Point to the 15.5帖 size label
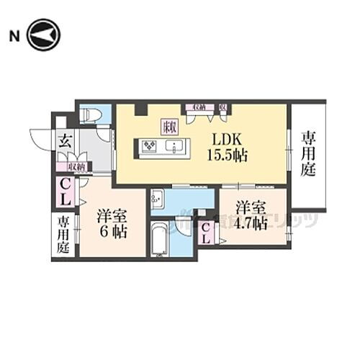pyautogui.click(x=228, y=154)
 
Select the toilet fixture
pyautogui.click(x=91, y=115)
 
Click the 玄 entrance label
pyautogui.click(x=63, y=140)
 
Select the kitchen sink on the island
pyautogui.click(x=174, y=147)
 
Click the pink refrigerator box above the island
pyautogui.click(x=170, y=127)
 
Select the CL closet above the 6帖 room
pyautogui.click(x=65, y=190)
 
